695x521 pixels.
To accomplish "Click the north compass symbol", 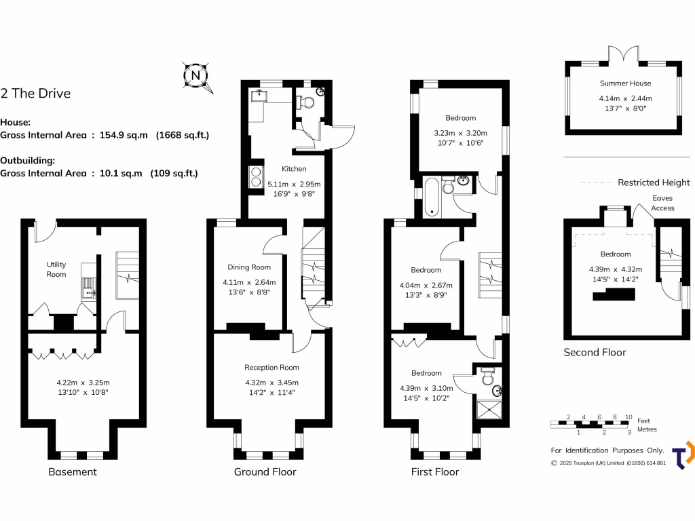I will point(197,75).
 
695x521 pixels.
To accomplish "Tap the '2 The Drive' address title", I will point(35,94).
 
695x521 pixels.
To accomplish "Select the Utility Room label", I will point(56,269).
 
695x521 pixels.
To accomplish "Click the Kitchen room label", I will point(294,169).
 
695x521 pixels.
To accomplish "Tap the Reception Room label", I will point(271,368).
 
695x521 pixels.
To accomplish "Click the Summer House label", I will point(625,83).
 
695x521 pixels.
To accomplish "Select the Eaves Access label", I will point(662,203).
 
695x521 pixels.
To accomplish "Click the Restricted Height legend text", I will point(653,182).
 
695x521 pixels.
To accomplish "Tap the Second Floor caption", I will point(595,352).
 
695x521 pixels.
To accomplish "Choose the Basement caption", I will point(73,472).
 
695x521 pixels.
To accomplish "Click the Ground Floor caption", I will point(265,472).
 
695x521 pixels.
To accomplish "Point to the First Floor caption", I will point(435,472).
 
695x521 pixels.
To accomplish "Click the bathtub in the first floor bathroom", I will point(430,197).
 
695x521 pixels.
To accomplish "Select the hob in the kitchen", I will point(257,178).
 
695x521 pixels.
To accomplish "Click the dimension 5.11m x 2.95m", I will point(294,184).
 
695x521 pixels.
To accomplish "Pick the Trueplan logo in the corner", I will point(683,455).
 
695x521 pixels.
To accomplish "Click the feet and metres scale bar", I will point(590,425).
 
